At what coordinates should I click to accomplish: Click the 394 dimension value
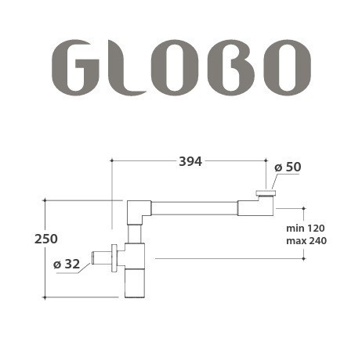coord(190,161)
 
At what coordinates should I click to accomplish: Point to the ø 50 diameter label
coord(288,167)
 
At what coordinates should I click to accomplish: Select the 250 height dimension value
coord(46,239)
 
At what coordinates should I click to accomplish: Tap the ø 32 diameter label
coord(67,265)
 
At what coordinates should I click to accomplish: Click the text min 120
coord(305,227)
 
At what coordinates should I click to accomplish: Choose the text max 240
coord(306,240)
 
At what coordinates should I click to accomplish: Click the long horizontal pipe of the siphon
coord(194,208)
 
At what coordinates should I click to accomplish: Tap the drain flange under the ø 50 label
coord(266,192)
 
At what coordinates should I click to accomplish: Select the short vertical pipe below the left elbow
coord(135,233)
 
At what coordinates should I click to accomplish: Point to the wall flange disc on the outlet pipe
coord(115,258)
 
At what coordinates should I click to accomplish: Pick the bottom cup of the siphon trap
coord(134,283)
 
